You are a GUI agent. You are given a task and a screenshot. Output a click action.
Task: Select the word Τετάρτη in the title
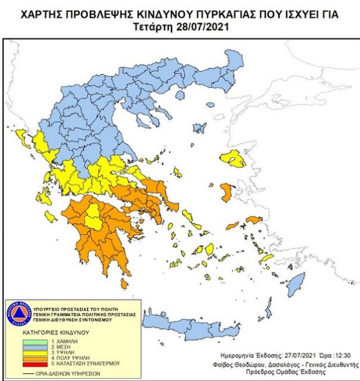(x=155, y=28)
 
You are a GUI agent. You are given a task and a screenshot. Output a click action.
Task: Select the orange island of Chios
(x=227, y=192)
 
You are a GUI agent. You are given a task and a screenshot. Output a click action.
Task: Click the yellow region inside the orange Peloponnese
(x=94, y=219)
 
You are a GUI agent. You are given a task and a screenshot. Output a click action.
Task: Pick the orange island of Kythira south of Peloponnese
(x=124, y=283)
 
